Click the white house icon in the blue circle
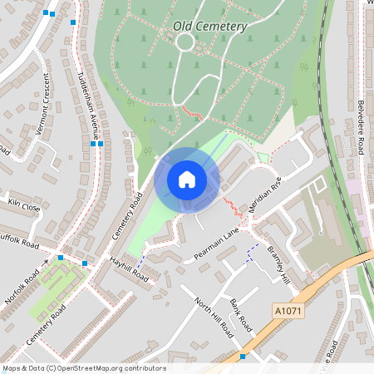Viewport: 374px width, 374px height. click(187, 179)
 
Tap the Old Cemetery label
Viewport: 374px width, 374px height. click(210, 26)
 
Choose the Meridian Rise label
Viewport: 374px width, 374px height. click(266, 199)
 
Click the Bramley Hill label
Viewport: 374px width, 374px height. click(279, 266)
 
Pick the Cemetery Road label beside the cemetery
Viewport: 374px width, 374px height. click(127, 223)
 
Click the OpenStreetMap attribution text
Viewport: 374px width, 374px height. click(84, 368)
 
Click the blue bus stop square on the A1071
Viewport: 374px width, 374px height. click(243, 356)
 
